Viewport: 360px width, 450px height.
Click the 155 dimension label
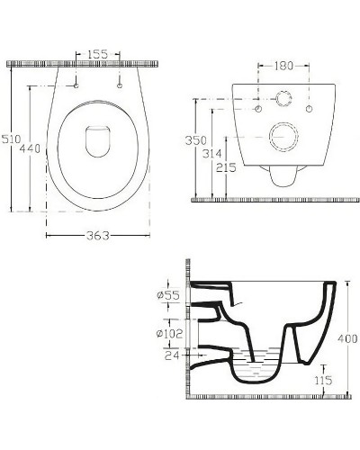pyautogui.click(x=97, y=54)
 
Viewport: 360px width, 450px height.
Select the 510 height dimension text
pyautogui.click(x=12, y=139)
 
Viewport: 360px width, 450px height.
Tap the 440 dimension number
pyautogui.click(x=30, y=148)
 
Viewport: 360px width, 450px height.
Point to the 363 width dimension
pyautogui.click(x=98, y=236)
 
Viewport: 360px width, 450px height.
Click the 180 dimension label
pyautogui.click(x=283, y=66)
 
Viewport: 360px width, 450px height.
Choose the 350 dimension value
pyautogui.click(x=195, y=140)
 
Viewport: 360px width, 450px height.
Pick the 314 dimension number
pyautogui.click(x=212, y=154)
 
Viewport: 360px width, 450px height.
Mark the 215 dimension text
pyautogui.click(x=226, y=167)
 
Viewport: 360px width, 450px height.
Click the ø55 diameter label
pyautogui.click(x=168, y=295)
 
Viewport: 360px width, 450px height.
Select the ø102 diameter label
pyautogui.click(x=169, y=334)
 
